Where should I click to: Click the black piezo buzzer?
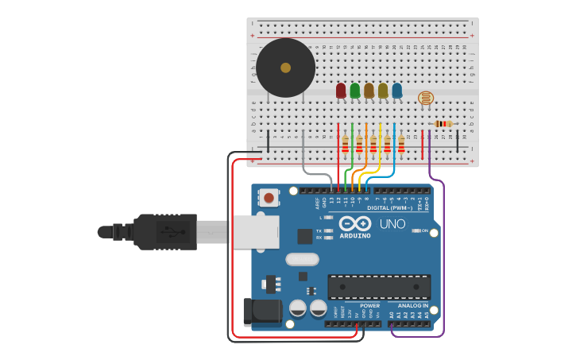click(x=285, y=68)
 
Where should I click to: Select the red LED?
click(x=341, y=91)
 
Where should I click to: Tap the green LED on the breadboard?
click(x=354, y=91)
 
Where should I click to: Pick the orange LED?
click(x=369, y=91)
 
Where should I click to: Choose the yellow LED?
click(x=383, y=91)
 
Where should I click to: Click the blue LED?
click(x=397, y=91)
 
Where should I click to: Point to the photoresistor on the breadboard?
click(x=426, y=98)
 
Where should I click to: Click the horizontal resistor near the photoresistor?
click(x=443, y=123)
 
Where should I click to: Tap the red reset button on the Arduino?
click(x=269, y=197)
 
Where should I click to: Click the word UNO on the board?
click(x=392, y=224)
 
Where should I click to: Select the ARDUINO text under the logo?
click(x=354, y=236)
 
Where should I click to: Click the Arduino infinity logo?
click(x=354, y=223)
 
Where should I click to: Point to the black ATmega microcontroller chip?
click(x=379, y=287)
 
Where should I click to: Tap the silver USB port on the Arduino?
click(x=256, y=231)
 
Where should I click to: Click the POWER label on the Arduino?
click(x=369, y=306)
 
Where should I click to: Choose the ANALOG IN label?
click(x=412, y=306)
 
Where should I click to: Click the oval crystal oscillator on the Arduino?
click(x=302, y=259)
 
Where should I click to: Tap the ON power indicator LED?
click(x=416, y=231)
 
